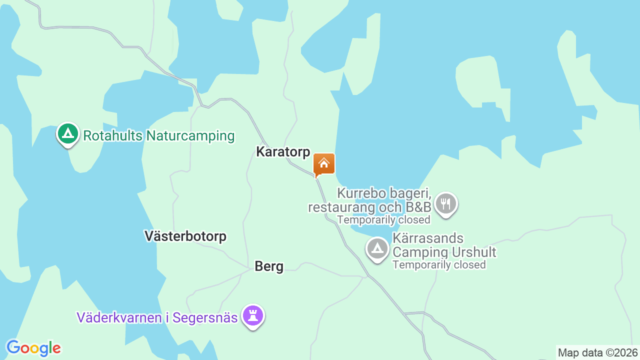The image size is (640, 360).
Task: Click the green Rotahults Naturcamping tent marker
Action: coord(68,134)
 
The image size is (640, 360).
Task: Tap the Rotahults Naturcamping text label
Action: coord(158,135)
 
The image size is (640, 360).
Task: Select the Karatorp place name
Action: coord(283,152)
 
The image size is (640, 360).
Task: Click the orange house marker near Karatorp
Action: coord(324,164)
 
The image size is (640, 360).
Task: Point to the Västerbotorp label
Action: coord(185,236)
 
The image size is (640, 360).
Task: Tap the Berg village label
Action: coord(269,266)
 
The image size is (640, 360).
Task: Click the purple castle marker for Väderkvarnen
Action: coord(253,316)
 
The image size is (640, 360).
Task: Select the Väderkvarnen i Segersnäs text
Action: coord(157,317)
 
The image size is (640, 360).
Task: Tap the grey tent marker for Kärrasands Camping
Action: coord(377,248)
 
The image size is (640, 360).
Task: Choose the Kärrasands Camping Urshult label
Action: coord(444,245)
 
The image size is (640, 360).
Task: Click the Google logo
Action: coord(33,348)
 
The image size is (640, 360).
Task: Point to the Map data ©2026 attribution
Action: coord(598,353)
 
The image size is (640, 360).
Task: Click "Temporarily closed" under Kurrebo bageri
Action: coord(383,220)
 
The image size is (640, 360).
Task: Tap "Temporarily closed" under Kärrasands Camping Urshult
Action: coord(439,265)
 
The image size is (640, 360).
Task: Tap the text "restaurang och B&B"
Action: coord(369,206)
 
